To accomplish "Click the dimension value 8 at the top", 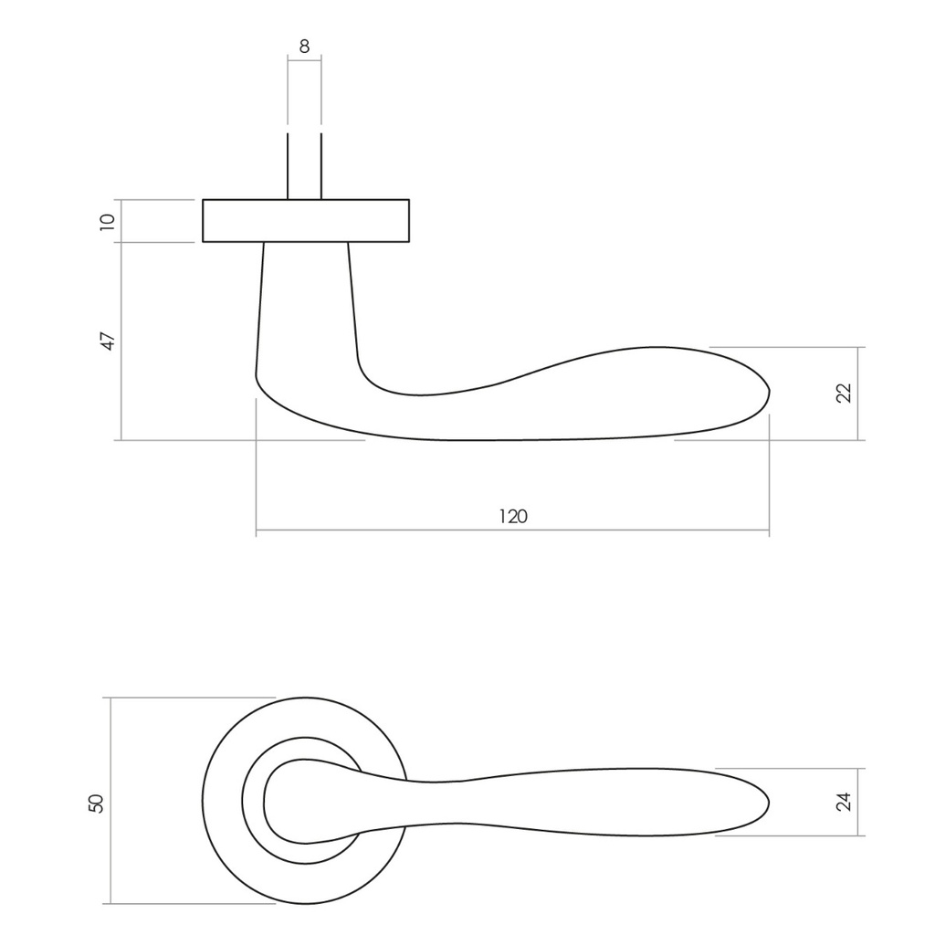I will (304, 46).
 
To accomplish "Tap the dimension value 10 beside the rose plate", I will (109, 220).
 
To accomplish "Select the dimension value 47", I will (109, 341).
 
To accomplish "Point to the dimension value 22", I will (844, 393).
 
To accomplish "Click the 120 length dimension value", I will (513, 516).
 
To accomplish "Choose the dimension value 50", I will (97, 803).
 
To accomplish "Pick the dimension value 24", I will (844, 802).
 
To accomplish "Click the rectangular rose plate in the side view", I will (305, 220).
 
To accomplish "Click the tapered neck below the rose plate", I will (305, 301).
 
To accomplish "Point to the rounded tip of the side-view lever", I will (767, 394).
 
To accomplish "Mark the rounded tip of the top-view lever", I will (767, 803).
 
